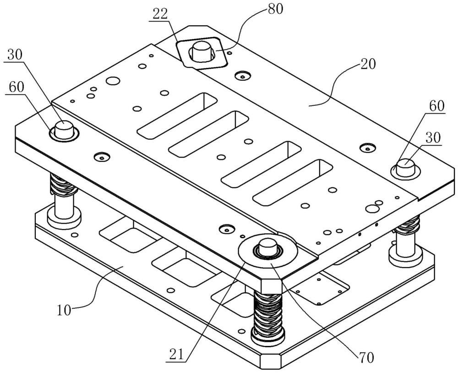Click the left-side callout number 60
click(x=15, y=87)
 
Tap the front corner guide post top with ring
click(x=267, y=248)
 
